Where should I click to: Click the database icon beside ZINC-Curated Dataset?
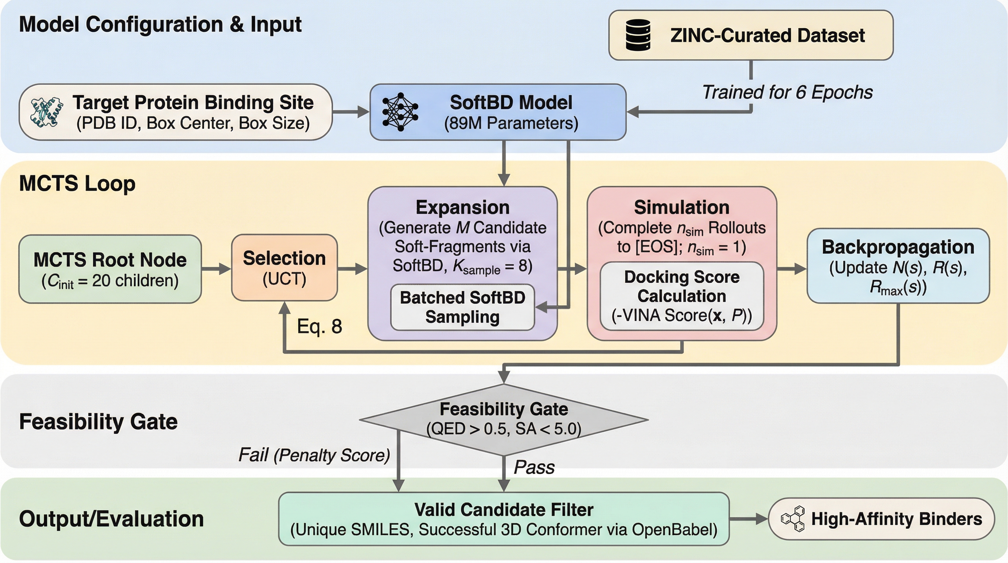pyautogui.click(x=638, y=35)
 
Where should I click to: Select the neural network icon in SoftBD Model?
pyautogui.click(x=400, y=112)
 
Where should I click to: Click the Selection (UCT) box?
pyautogui.click(x=285, y=268)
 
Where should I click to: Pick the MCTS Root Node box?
pyautogui.click(x=110, y=269)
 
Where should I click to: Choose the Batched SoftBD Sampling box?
pyautogui.click(x=463, y=307)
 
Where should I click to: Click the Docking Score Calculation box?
pyautogui.click(x=682, y=296)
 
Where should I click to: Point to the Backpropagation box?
pyautogui.click(x=898, y=266)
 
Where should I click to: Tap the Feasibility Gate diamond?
pyautogui.click(x=504, y=419)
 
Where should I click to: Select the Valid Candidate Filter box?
pyautogui.click(x=504, y=519)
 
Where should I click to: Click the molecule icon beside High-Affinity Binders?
pyautogui.click(x=793, y=519)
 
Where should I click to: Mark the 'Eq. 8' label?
pyautogui.click(x=319, y=326)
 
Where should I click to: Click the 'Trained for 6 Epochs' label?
pyautogui.click(x=787, y=93)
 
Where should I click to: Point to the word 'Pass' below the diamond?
pyautogui.click(x=534, y=467)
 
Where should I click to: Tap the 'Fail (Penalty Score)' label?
pyautogui.click(x=314, y=455)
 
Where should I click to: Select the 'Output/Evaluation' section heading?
pyautogui.click(x=111, y=519)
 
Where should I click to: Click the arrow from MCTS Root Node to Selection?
pyautogui.click(x=216, y=269)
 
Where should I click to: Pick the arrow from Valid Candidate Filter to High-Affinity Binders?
pyautogui.click(x=748, y=519)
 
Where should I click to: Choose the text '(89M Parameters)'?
pyautogui.click(x=511, y=123)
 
